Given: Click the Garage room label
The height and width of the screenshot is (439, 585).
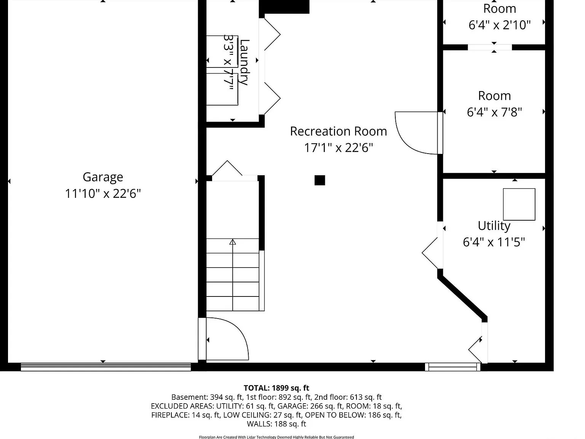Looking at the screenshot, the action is tap(103, 177).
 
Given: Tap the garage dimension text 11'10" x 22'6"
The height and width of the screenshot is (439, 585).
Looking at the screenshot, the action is tap(103, 194).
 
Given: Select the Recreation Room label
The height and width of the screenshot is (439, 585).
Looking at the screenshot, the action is tap(339, 131).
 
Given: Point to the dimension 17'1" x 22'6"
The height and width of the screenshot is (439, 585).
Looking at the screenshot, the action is tap(339, 147).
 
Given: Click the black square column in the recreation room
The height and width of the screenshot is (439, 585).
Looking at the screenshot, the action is tap(320, 180).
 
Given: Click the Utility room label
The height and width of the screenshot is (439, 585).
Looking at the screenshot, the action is tap(494, 226).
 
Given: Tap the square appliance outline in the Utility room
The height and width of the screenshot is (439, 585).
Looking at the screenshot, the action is tap(519, 204).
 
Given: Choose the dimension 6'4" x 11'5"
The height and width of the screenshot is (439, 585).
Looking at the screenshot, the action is tap(494, 242).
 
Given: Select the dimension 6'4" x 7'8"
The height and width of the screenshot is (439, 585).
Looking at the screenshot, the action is tap(494, 112).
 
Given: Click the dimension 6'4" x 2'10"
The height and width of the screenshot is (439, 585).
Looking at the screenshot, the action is tap(500, 25).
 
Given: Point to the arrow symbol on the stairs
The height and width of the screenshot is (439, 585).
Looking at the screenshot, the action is tap(233, 242).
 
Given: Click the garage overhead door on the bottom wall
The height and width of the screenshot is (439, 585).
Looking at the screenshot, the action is tap(106, 367).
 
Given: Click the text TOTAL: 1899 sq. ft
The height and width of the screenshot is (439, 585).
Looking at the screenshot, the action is tap(277, 388).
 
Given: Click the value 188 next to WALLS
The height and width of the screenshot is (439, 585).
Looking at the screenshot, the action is tap(278, 424).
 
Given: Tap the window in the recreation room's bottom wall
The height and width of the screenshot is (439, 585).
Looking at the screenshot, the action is tap(452, 367).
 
